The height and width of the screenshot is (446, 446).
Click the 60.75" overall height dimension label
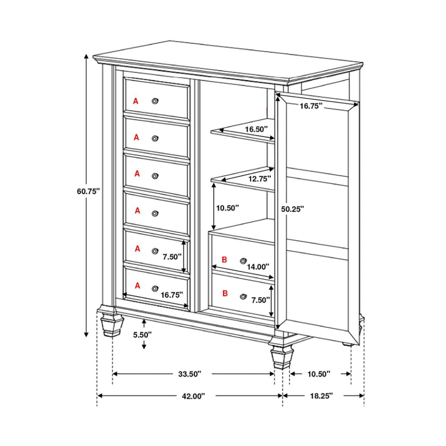pyautogui.click(x=88, y=191)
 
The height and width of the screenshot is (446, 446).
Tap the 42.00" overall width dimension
pyautogui.click(x=194, y=396)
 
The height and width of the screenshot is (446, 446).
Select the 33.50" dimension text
pyautogui.click(x=190, y=374)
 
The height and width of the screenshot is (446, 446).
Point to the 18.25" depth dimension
pyautogui.click(x=322, y=396)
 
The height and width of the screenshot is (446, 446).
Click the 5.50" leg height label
pyautogui.click(x=143, y=335)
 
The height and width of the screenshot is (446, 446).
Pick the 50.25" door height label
pyautogui.click(x=293, y=209)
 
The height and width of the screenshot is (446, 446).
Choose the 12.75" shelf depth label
pyautogui.click(x=260, y=179)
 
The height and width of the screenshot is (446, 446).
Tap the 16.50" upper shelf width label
pyautogui.click(x=256, y=129)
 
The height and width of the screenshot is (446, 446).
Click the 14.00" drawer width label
pyautogui.click(x=258, y=267)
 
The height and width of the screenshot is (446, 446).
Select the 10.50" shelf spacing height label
pyautogui.click(x=227, y=208)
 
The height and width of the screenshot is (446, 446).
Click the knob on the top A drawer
pyautogui.click(x=155, y=101)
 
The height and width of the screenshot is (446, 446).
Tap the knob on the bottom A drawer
pyautogui.click(x=155, y=289)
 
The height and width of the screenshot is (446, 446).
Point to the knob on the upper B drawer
pyautogui.click(x=243, y=261)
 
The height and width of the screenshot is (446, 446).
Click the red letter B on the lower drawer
pyautogui.click(x=225, y=293)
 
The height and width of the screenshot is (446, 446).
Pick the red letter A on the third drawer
pyautogui.click(x=137, y=173)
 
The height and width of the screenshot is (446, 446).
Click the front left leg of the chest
pyautogui.click(x=111, y=321)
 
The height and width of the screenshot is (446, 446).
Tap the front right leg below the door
pyautogui.click(x=282, y=354)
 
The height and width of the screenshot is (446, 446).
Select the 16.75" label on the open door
pyautogui.click(x=311, y=106)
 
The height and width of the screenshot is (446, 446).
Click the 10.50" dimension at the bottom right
pyautogui.click(x=319, y=374)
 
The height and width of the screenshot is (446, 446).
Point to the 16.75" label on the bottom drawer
pyautogui.click(x=172, y=295)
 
